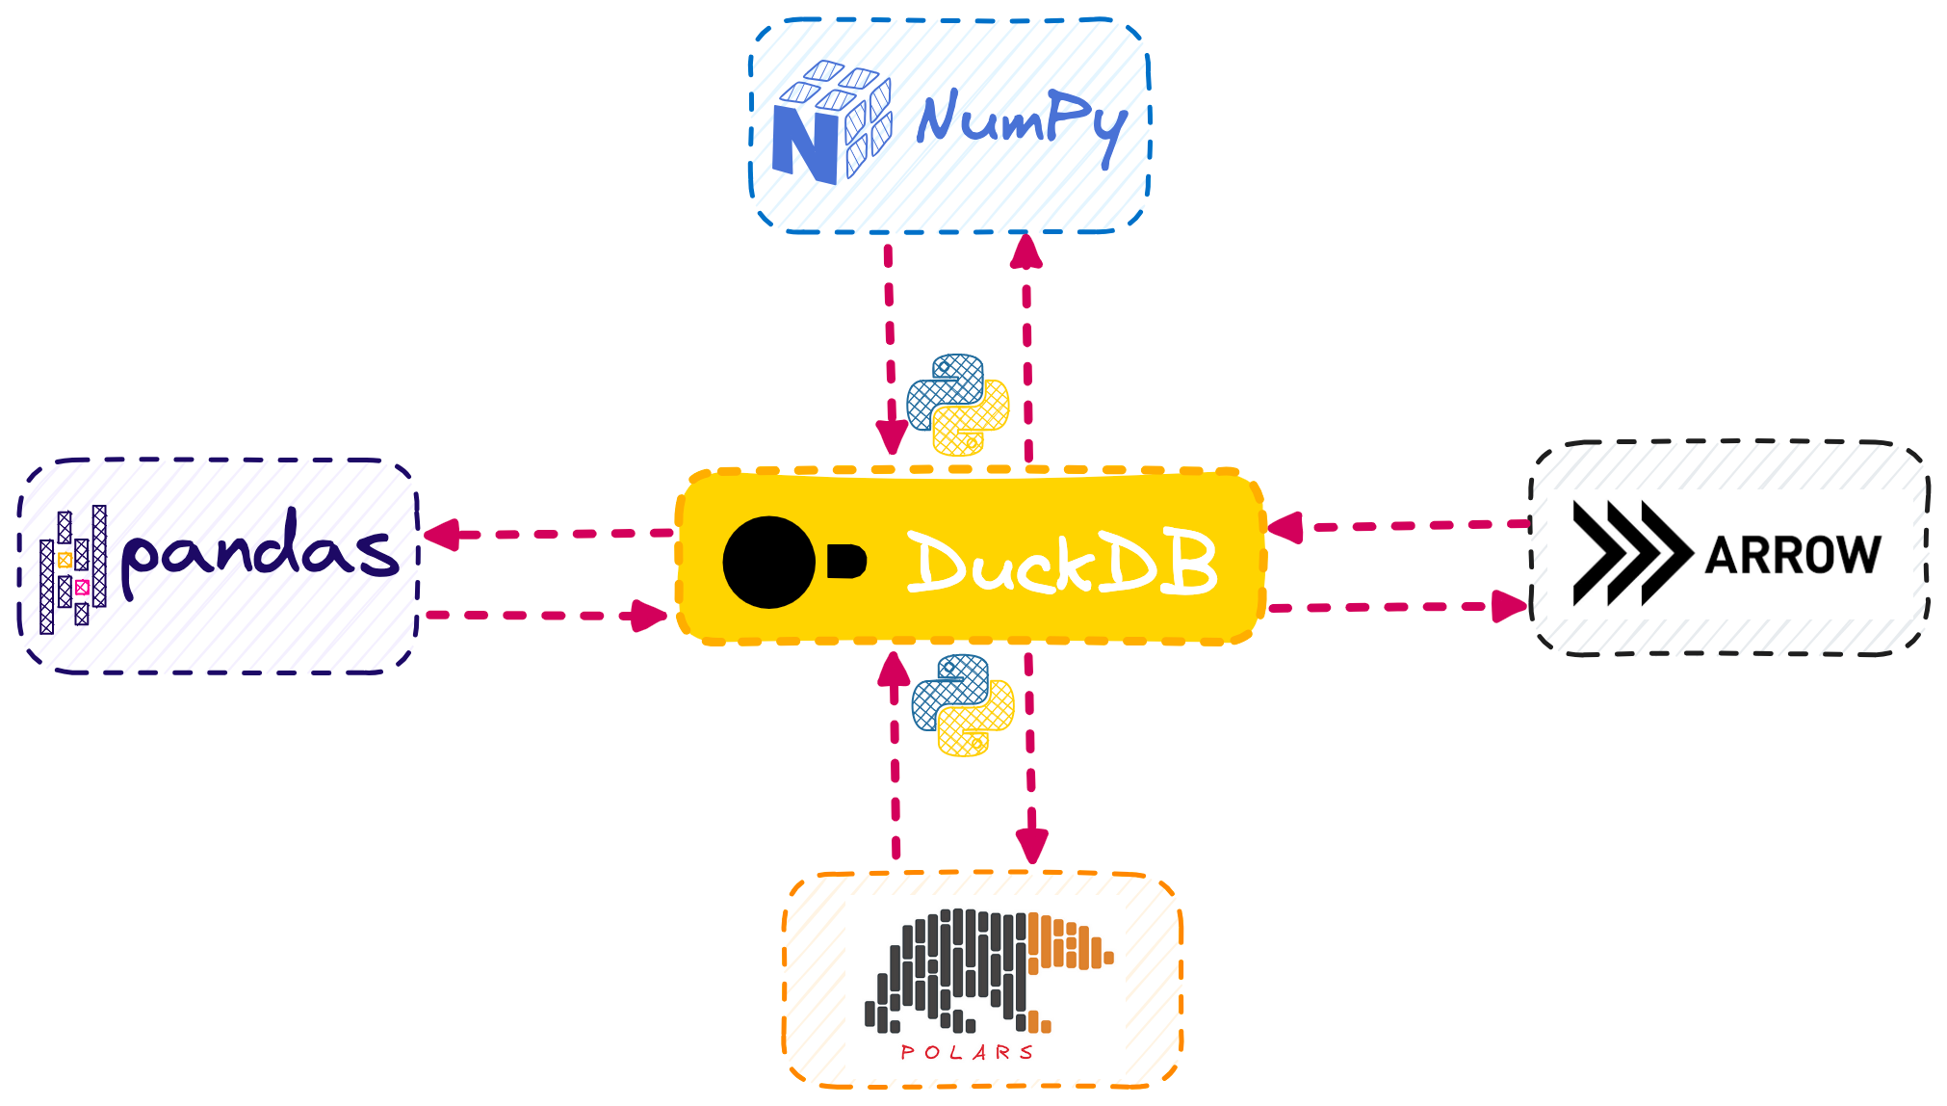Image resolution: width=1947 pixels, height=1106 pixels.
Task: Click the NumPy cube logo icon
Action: click(832, 123)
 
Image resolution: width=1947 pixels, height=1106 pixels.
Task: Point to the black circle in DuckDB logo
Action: click(768, 563)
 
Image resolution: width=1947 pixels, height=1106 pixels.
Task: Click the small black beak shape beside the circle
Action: click(845, 561)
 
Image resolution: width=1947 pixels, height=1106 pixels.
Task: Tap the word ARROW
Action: click(1792, 555)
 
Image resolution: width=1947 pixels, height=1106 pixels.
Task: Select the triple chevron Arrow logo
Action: click(1629, 553)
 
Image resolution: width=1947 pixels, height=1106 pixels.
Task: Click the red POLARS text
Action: click(967, 1052)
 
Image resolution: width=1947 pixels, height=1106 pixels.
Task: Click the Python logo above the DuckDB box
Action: click(958, 405)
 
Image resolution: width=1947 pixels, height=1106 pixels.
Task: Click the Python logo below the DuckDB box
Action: click(963, 705)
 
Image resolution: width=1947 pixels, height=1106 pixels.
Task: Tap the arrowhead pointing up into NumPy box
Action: click(1026, 250)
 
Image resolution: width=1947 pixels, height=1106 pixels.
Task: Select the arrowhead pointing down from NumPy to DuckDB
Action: click(892, 436)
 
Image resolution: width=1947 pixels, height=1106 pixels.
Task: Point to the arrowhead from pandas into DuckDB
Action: click(650, 616)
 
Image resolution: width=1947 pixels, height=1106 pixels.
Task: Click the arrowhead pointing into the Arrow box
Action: click(1510, 606)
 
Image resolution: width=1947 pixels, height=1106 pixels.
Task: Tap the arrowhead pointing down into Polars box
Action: click(1032, 846)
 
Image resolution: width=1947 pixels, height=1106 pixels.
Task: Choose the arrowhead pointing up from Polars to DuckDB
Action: click(895, 669)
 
